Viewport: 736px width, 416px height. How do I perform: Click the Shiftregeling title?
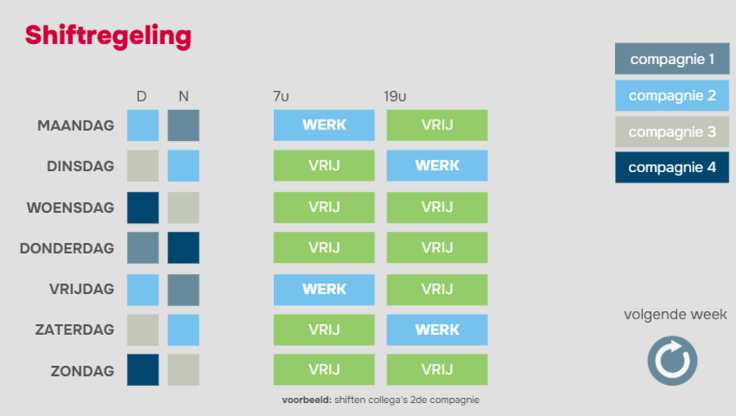click(x=108, y=36)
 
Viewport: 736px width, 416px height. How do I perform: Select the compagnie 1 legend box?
click(x=672, y=59)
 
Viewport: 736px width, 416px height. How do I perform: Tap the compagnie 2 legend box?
click(x=672, y=96)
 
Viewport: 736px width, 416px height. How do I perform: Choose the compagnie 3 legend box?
click(x=672, y=132)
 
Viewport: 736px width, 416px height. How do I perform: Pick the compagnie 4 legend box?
click(x=672, y=167)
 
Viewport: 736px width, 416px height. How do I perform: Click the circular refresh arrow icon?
click(x=672, y=360)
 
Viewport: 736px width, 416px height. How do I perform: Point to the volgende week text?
click(x=675, y=314)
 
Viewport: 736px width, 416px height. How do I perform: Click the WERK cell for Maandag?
click(x=324, y=125)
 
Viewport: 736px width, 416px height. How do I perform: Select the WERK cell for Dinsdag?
click(x=437, y=165)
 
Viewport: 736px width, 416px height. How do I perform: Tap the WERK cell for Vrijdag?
click(x=324, y=290)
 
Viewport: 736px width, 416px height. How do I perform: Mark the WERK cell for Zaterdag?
click(x=437, y=330)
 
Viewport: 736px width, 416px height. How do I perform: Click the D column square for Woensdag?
click(x=142, y=207)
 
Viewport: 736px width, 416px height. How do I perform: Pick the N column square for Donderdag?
click(x=183, y=248)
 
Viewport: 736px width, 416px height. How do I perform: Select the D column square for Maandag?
click(x=142, y=125)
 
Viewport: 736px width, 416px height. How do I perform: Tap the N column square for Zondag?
click(x=183, y=370)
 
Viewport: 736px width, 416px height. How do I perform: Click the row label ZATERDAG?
click(x=74, y=330)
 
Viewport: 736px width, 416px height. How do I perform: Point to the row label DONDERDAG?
click(x=67, y=248)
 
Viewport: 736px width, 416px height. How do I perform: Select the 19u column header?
click(x=395, y=97)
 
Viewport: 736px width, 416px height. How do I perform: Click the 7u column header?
click(x=280, y=97)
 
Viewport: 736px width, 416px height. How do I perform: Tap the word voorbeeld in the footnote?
click(x=307, y=400)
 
